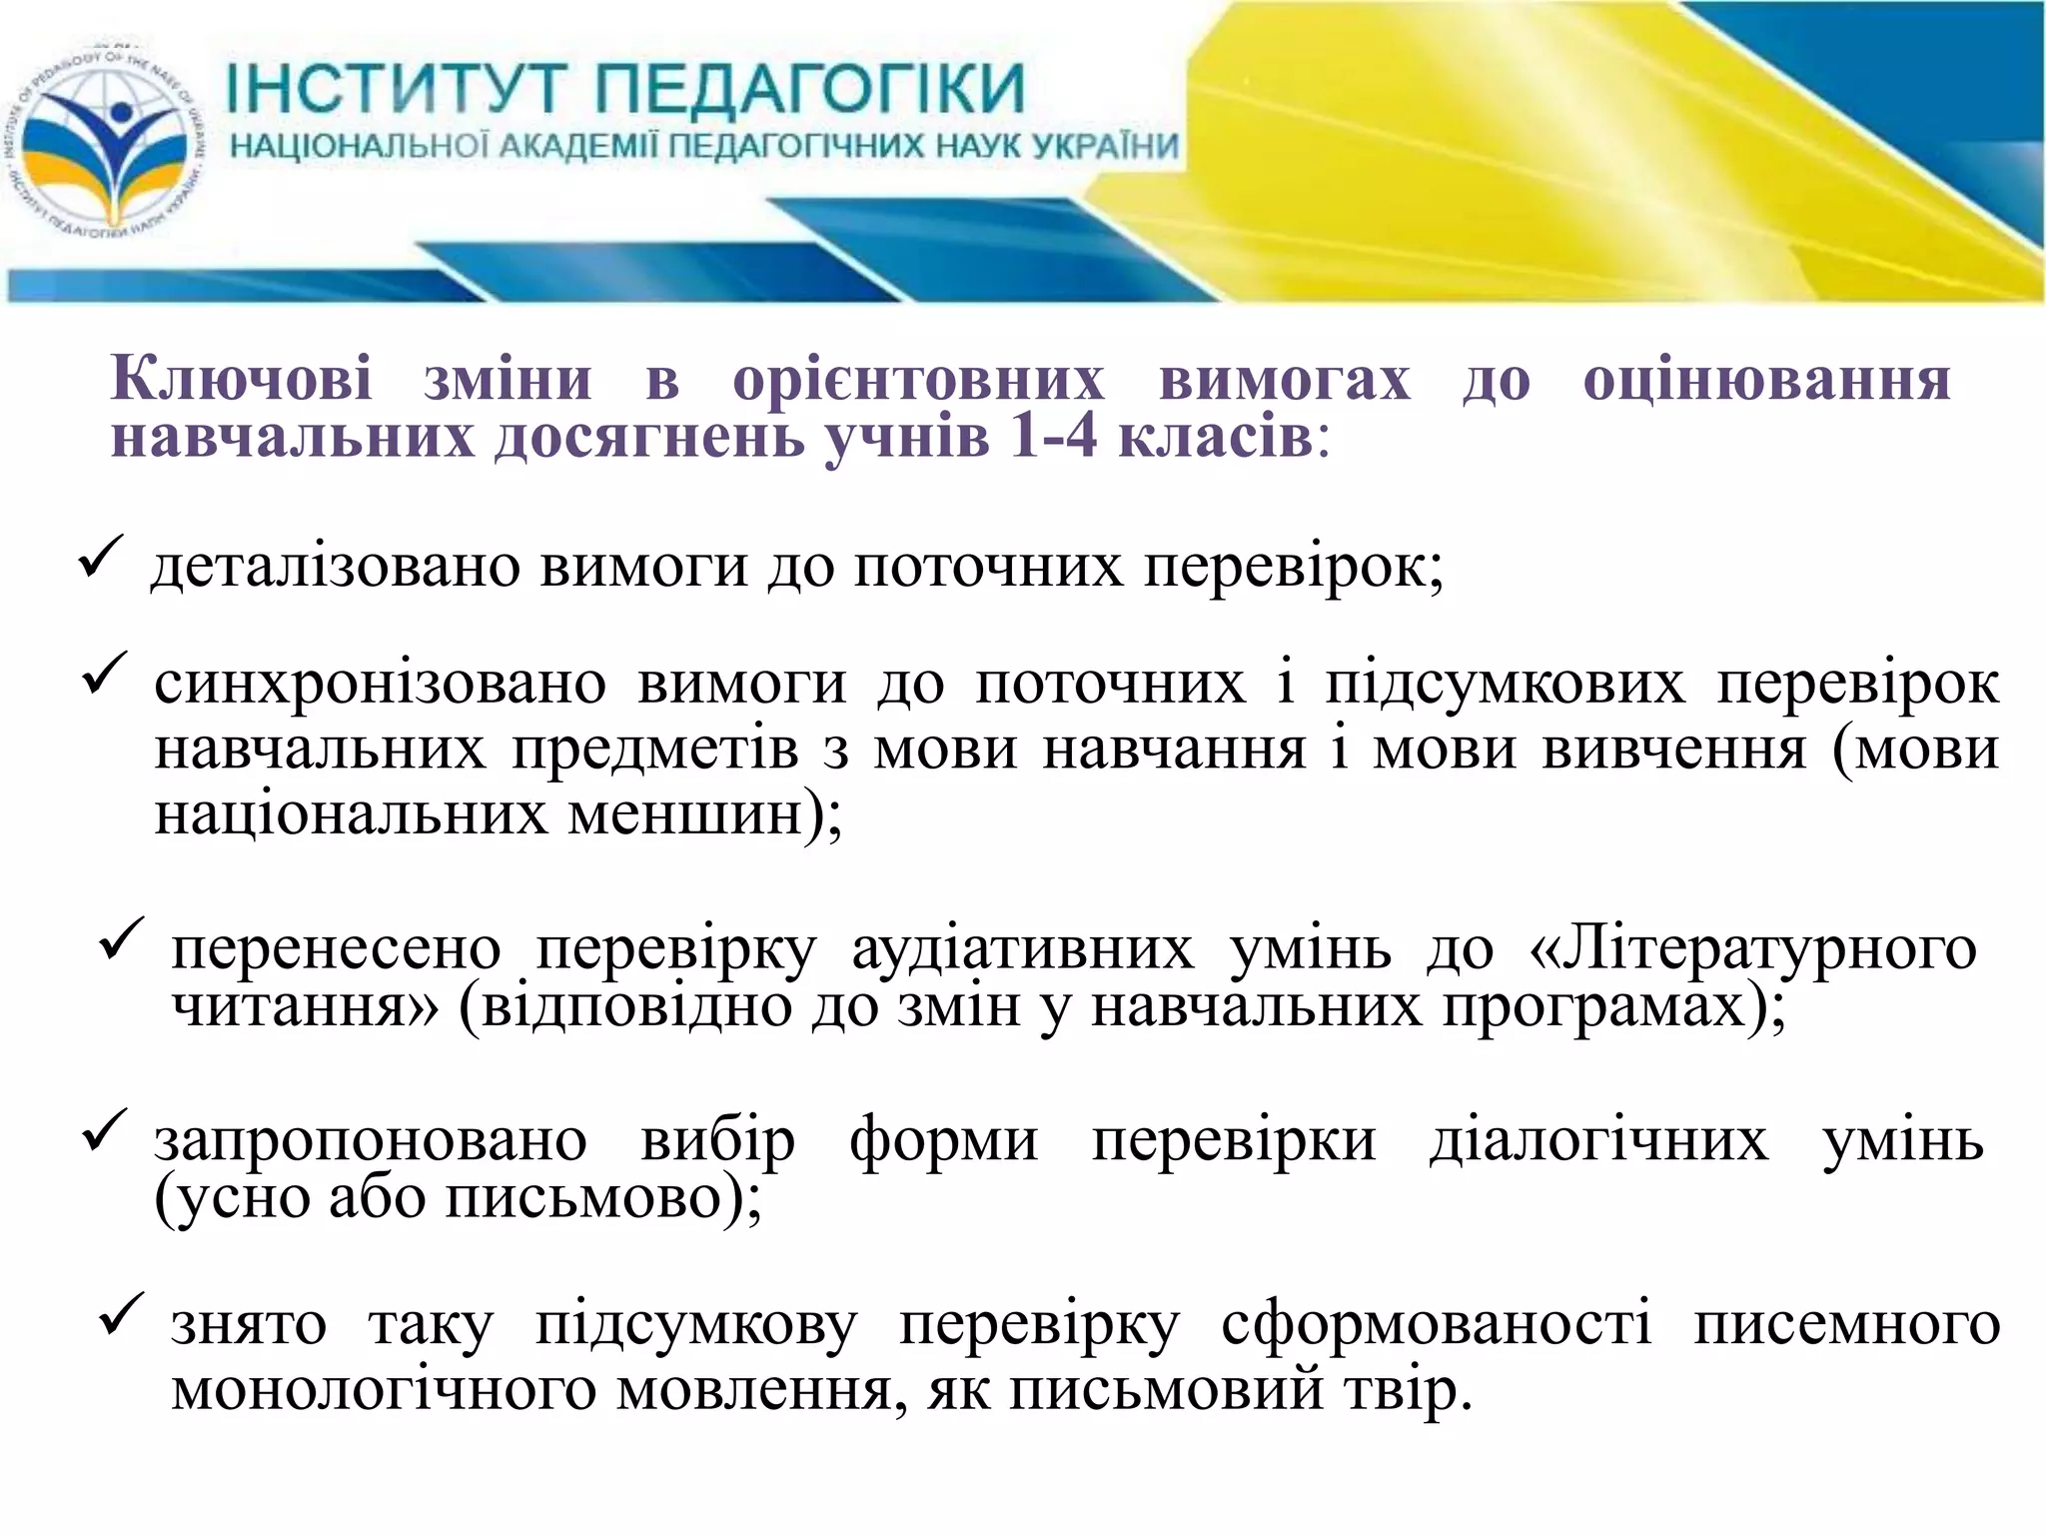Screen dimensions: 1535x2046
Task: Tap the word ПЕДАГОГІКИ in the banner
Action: pos(810,88)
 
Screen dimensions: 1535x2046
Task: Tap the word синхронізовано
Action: pos(380,685)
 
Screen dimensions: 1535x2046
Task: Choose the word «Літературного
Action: pos(1752,948)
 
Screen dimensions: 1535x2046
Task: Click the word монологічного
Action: pos(384,1390)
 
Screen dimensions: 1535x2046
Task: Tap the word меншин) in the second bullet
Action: pos(705,815)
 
